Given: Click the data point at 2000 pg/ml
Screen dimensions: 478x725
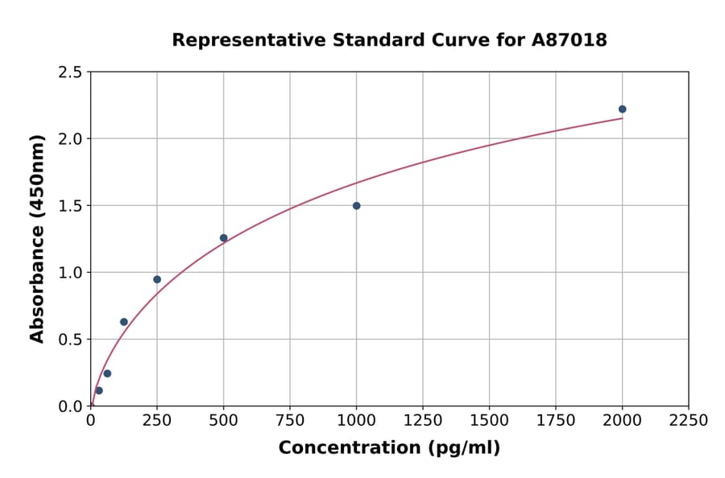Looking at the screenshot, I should coord(622,109).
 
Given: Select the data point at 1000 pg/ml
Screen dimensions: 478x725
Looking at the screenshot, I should coord(356,206).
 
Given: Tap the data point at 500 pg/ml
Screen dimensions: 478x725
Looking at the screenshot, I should coord(223,238).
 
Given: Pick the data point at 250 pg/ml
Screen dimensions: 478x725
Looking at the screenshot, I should coord(157,280).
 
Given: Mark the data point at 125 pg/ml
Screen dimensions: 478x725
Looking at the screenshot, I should coord(124,322).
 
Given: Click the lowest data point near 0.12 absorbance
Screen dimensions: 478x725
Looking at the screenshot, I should coord(99,390).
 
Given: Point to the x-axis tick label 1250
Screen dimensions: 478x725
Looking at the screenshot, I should coord(423,421).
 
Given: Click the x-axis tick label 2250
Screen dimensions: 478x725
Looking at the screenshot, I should coord(689,421).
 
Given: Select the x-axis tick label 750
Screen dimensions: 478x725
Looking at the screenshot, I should coord(290,421).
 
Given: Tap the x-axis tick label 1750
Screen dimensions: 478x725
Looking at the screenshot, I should coord(556,421).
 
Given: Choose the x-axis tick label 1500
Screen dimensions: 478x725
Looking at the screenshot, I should coord(489,421).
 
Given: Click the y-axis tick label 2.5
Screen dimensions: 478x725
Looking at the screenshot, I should coord(69,72).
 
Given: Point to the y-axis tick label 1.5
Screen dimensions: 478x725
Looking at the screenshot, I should coord(69,206).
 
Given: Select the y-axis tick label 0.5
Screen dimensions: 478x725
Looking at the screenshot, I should coord(69,340).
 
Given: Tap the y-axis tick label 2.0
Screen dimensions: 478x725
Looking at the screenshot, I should coord(69,139).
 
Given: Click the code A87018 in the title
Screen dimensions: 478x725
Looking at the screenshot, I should coord(570,40).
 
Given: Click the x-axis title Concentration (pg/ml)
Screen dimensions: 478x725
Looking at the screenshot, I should coord(389,448).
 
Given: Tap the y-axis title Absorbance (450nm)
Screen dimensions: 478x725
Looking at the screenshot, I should coord(37,238).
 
